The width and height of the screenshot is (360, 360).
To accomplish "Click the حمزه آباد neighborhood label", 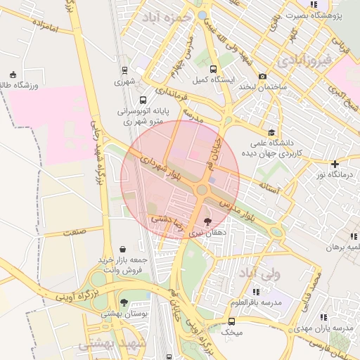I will (167, 18).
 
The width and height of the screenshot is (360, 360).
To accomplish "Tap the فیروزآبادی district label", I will (303, 60).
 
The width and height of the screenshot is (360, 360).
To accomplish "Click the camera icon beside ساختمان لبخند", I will (262, 77).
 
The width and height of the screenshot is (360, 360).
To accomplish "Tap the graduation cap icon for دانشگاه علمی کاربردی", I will (271, 132).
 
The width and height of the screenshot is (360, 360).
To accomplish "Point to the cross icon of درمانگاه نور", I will (335, 164).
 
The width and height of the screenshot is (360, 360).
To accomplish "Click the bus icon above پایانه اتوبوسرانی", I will (143, 101).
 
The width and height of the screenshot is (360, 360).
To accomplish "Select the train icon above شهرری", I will (124, 70).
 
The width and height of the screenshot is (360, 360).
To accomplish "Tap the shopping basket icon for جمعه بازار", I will (124, 249).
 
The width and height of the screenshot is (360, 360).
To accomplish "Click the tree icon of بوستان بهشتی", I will (124, 302).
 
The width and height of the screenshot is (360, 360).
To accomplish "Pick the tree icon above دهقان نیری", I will (207, 221).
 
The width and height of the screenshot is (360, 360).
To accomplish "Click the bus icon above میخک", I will (231, 320).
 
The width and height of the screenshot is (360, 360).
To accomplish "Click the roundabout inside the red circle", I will (202, 190).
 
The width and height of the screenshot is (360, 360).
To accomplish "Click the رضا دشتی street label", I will (167, 219).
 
